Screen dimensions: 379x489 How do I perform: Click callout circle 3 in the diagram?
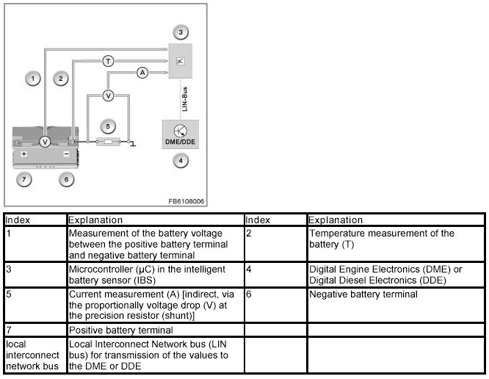click(x=180, y=32)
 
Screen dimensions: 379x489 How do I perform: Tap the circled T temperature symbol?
click(x=108, y=61)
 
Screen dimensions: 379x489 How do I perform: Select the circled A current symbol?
click(x=142, y=72)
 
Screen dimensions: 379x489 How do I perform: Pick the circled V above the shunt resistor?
click(x=107, y=95)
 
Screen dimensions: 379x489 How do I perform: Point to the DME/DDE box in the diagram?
click(x=181, y=133)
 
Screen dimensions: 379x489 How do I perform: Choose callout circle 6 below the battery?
click(x=66, y=179)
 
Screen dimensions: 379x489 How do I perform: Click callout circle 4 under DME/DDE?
click(x=180, y=160)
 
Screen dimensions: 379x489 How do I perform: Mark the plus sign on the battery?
click(x=24, y=155)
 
